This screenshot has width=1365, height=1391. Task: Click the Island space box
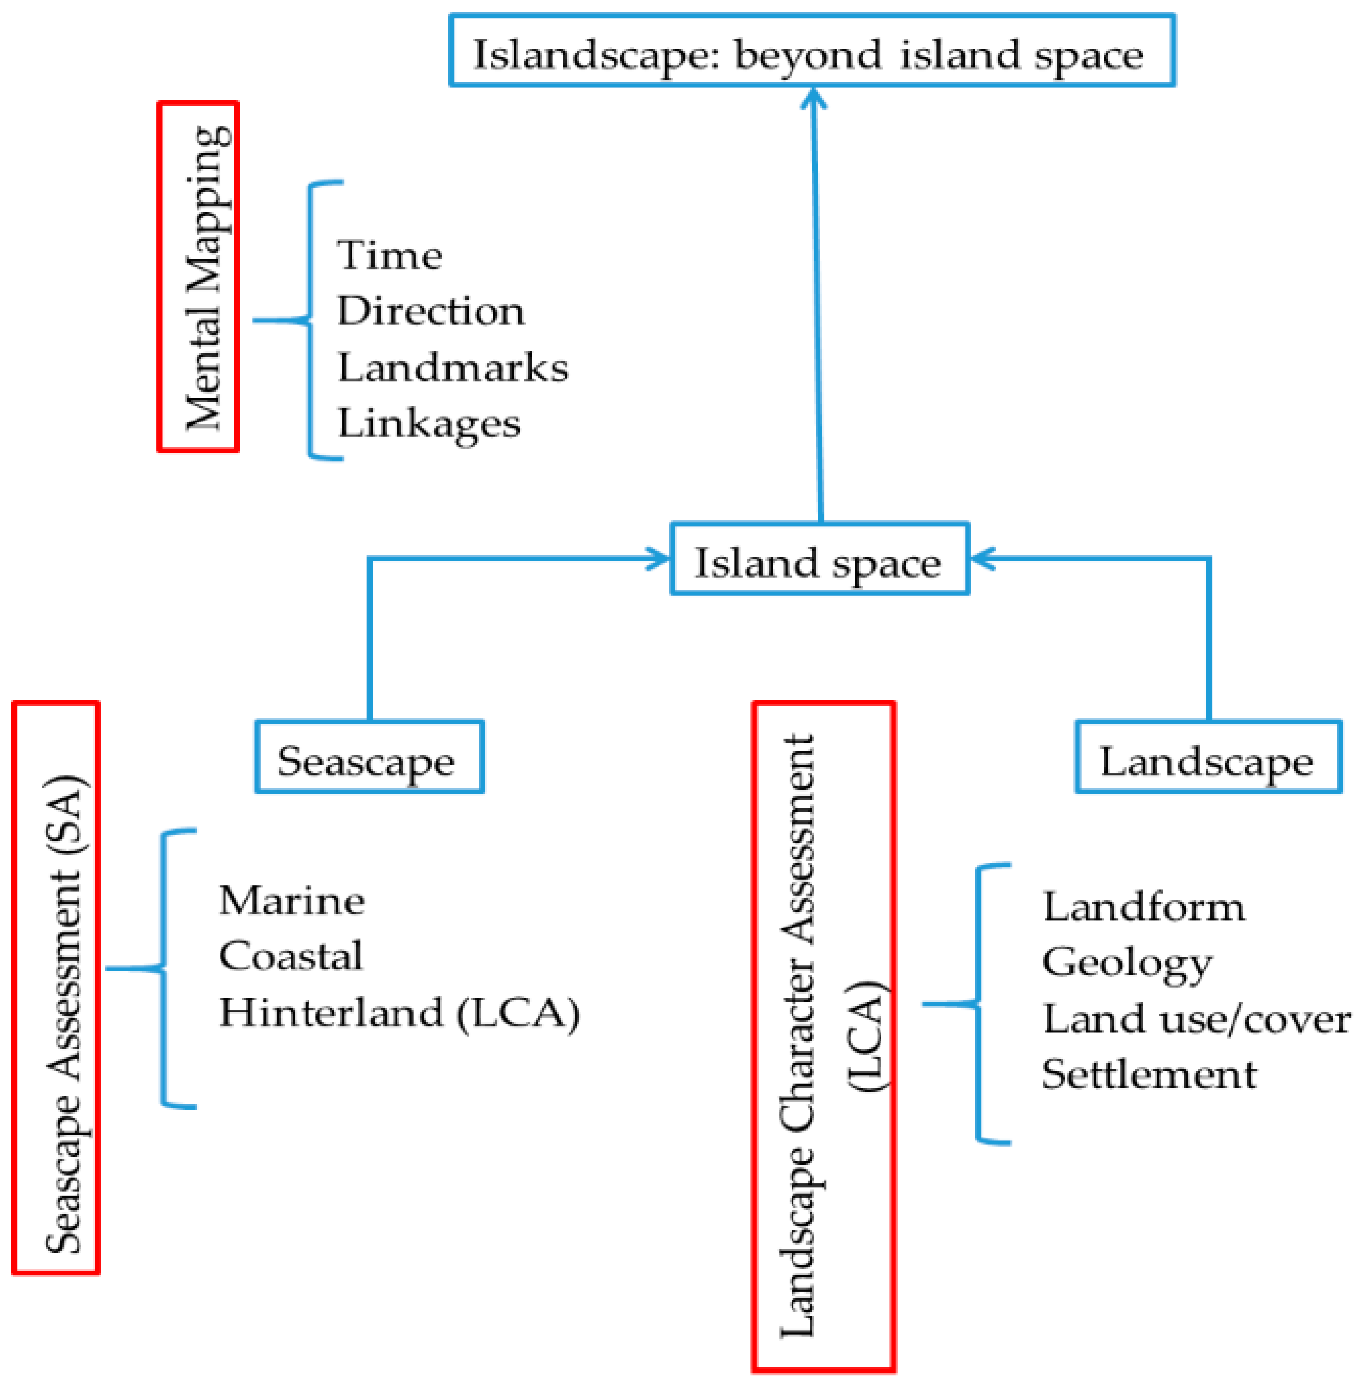tap(819, 559)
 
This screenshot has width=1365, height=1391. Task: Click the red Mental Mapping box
tap(198, 277)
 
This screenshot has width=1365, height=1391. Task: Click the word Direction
tap(430, 312)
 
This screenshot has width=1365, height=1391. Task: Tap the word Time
tap(390, 256)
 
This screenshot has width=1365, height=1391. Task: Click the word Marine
tap(292, 901)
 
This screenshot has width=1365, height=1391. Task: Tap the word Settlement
tap(1148, 1075)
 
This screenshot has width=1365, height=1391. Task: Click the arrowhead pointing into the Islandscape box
tap(813, 98)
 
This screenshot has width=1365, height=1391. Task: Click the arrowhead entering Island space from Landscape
tap(983, 559)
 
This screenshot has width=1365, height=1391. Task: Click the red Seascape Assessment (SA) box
tap(56, 987)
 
